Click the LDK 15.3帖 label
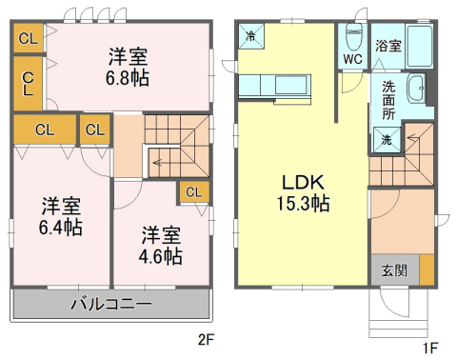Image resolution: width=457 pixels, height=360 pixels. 303,192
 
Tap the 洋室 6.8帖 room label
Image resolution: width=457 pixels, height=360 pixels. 128,67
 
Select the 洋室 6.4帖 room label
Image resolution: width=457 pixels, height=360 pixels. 61,216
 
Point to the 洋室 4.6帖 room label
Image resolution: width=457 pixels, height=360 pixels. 161,246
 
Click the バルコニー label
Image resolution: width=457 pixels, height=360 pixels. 111,304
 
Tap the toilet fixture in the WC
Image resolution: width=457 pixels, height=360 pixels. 354,37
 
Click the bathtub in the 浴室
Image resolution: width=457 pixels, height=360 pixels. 419,46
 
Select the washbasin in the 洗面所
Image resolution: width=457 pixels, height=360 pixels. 416,89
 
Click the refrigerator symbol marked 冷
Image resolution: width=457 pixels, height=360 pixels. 251,36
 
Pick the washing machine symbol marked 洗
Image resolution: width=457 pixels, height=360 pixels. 387,140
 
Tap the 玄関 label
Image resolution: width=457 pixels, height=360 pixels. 394,270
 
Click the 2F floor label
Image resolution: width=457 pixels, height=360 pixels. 207,340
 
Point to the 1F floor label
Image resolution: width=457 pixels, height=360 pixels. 430,348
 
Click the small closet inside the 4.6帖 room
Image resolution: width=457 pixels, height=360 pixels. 193,192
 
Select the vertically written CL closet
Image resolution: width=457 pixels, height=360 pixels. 28,84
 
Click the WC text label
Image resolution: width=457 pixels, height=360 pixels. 352,59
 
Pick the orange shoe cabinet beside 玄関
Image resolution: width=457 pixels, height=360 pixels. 427,270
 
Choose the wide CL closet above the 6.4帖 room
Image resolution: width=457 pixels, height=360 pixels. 45,130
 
